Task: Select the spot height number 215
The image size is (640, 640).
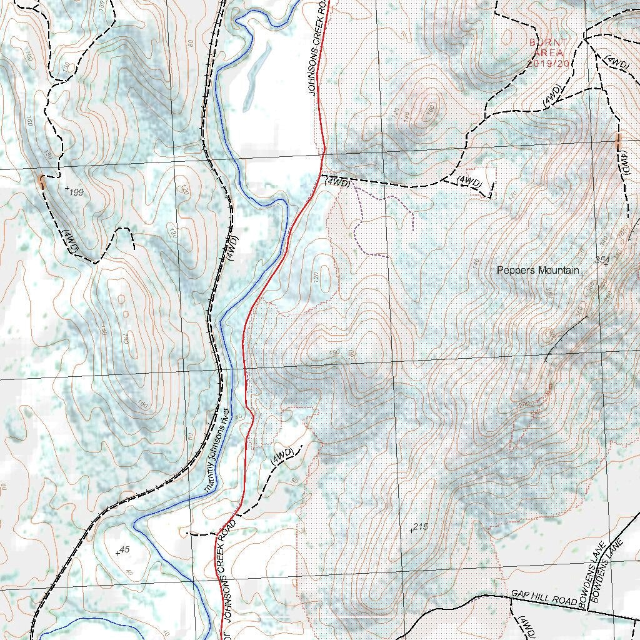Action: point(421,527)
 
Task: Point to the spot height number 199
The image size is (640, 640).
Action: point(76,192)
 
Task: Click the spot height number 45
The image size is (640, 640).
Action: point(124,549)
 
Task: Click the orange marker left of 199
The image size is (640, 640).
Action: point(42,182)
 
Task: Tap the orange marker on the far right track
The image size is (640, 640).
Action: point(617,140)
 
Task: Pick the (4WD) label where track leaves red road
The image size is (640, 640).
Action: point(337,182)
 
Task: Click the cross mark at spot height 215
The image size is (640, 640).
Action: point(411,531)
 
